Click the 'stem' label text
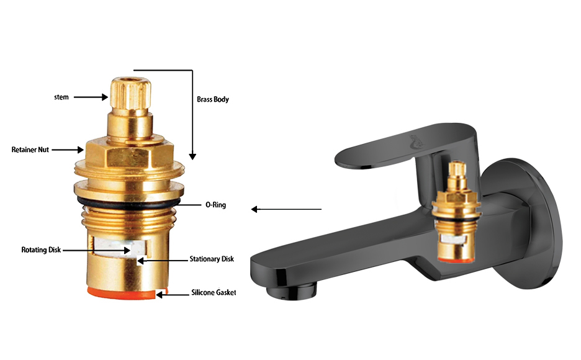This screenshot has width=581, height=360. click(61, 97)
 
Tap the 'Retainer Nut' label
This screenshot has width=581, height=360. click(30, 150)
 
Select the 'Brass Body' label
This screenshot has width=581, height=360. click(213, 99)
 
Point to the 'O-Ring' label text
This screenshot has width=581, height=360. click(215, 204)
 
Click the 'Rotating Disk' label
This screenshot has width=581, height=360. click(41, 250)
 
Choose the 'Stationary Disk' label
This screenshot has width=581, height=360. click(212, 259)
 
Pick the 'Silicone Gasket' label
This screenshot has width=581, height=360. click(214, 292)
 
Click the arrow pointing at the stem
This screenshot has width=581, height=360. click(91, 97)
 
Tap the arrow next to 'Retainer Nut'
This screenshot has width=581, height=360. click(68, 150)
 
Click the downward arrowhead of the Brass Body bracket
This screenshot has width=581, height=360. click(192, 156)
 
